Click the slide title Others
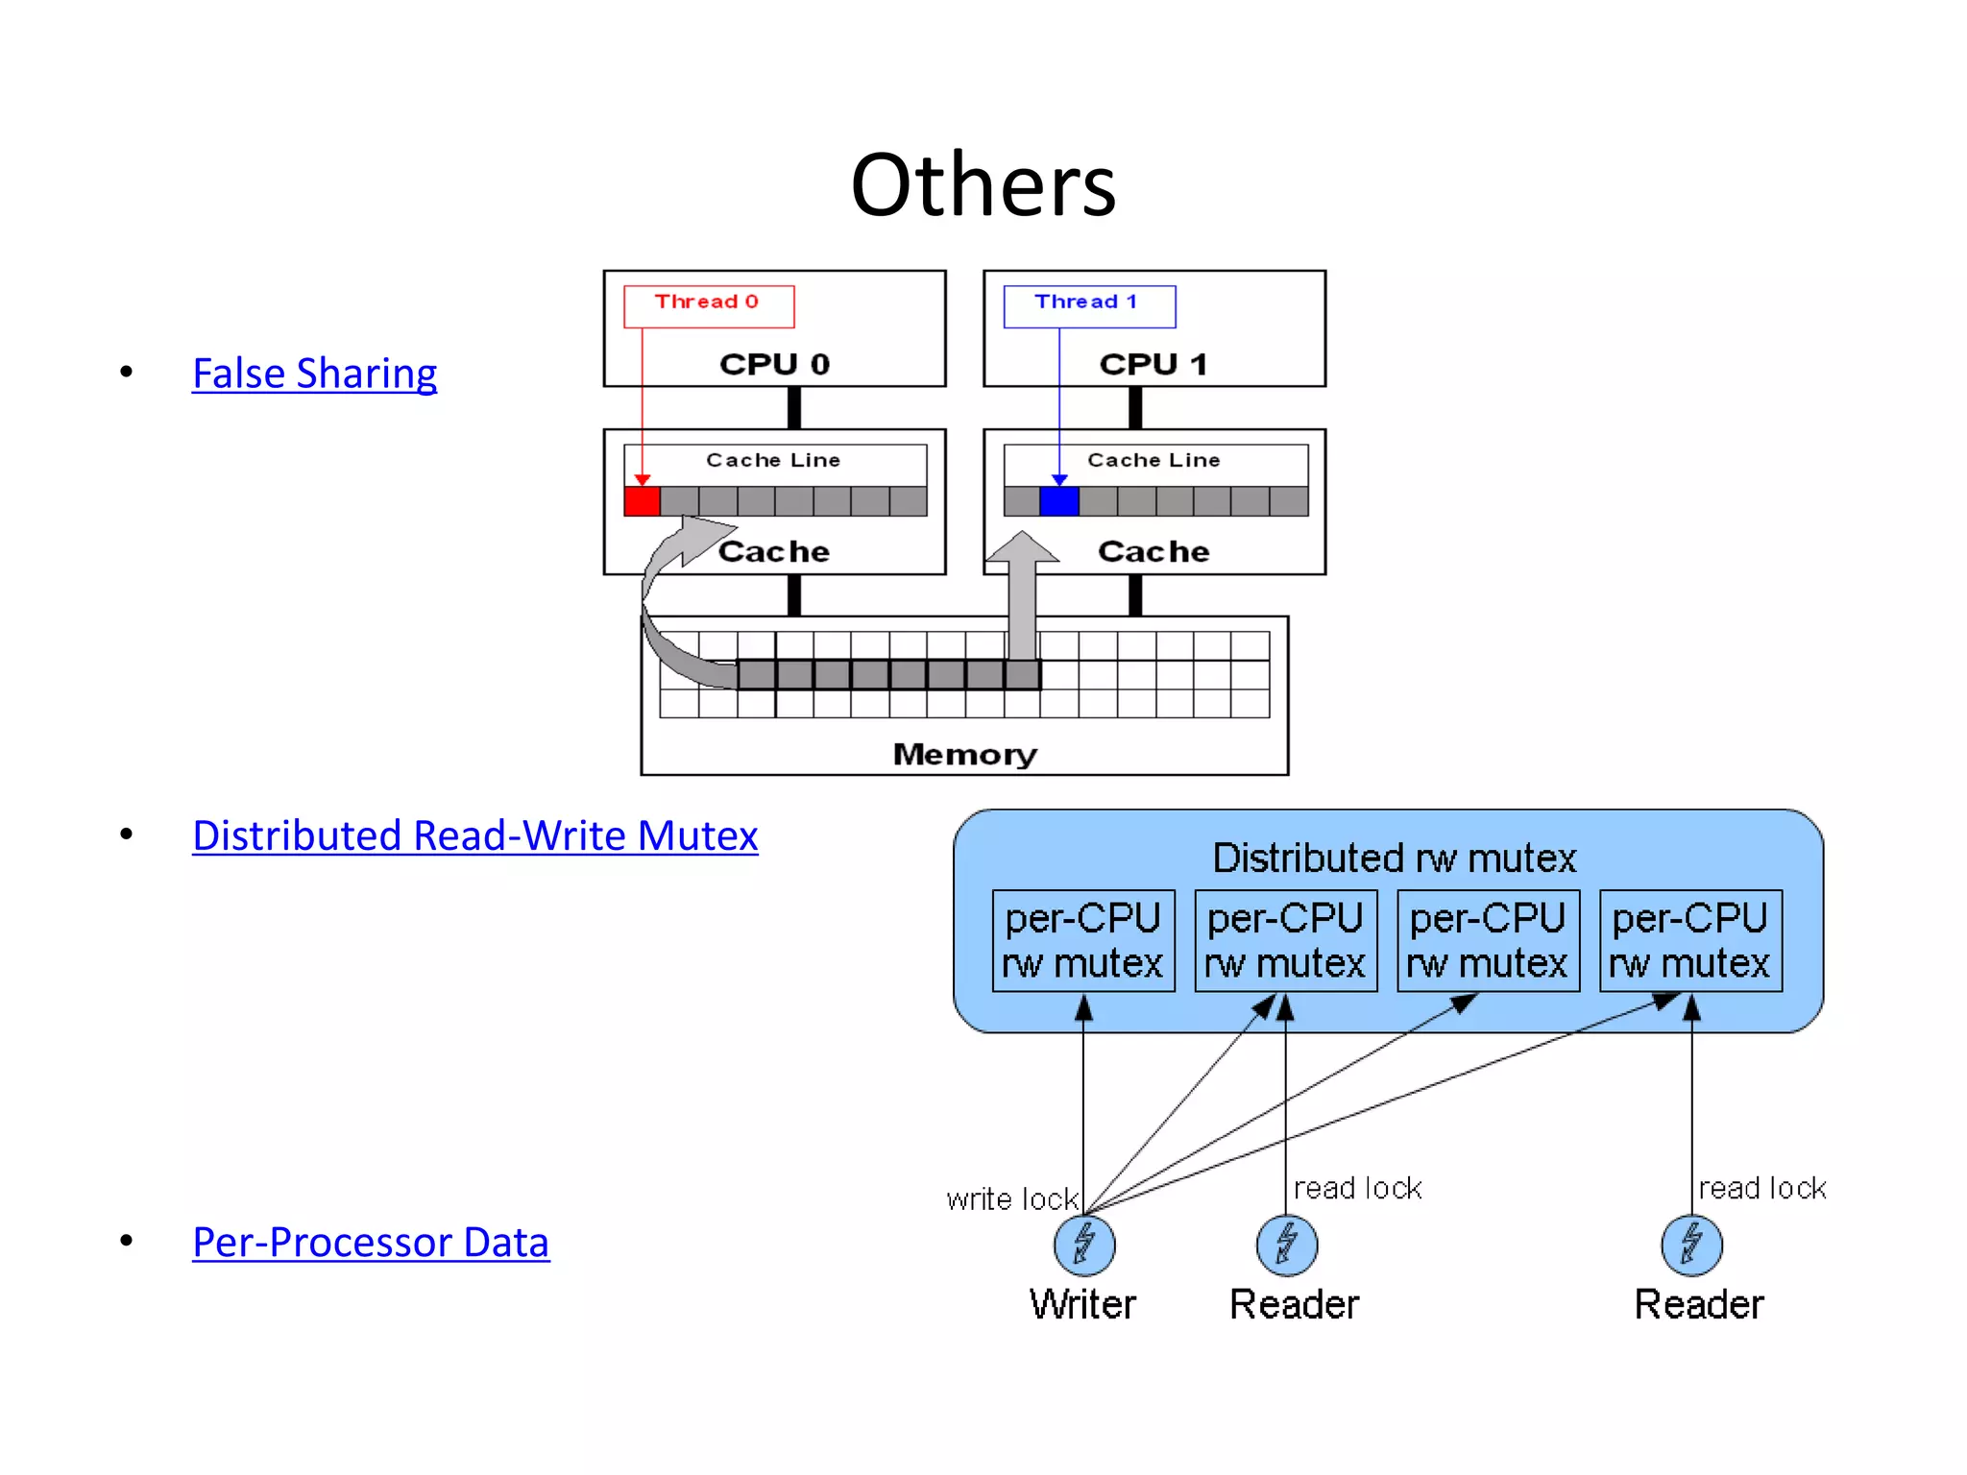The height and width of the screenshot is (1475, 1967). tap(983, 185)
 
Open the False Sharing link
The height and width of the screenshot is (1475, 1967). tap(314, 374)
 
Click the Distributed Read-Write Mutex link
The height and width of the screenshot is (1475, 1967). tap(474, 835)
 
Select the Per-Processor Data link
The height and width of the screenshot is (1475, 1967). tap(371, 1243)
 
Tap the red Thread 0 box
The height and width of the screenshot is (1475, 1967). tap(708, 303)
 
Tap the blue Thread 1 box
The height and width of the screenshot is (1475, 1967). tap(1088, 303)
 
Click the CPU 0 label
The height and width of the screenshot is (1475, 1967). tap(774, 365)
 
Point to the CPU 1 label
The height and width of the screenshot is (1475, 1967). tap(1153, 365)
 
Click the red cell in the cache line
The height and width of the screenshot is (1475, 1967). tap(642, 501)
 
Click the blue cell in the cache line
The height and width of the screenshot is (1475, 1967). tap(1059, 501)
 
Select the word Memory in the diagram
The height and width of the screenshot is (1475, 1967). tap(964, 755)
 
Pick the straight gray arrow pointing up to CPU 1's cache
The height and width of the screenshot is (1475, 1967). tap(1022, 595)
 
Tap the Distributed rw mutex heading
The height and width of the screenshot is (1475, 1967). tap(1394, 858)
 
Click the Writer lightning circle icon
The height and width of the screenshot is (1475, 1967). tap(1084, 1245)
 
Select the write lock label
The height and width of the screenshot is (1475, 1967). tap(1012, 1199)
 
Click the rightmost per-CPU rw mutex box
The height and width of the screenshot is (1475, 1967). tap(1690, 941)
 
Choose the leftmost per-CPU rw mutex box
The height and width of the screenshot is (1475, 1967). tap(1083, 941)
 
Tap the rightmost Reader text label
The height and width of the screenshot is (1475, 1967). tap(1699, 1305)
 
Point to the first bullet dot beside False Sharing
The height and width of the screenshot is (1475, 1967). tap(127, 372)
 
